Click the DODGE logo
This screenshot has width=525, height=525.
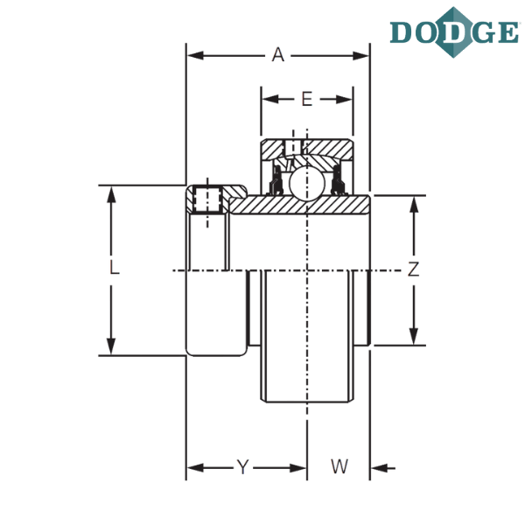[x=454, y=32]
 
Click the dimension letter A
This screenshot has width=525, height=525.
[x=278, y=55]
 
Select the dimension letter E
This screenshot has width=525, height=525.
[x=307, y=99]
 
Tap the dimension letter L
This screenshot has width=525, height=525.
[x=115, y=268]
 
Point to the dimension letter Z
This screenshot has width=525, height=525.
[x=413, y=269]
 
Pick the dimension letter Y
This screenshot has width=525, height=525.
[x=242, y=467]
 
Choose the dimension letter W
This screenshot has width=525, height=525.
[x=339, y=466]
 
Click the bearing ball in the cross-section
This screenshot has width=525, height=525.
[x=307, y=183]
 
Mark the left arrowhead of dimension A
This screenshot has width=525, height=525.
[x=195, y=56]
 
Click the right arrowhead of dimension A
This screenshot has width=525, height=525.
[x=360, y=56]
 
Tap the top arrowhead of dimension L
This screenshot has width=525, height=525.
[x=111, y=195]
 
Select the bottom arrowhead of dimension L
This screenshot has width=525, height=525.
[x=111, y=346]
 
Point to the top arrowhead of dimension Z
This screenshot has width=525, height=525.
[x=414, y=205]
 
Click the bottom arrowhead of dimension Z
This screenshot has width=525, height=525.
[x=414, y=336]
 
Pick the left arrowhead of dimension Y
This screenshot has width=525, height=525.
[x=195, y=468]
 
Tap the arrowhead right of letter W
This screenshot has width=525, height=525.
[x=379, y=468]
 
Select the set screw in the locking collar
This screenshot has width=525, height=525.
[x=207, y=199]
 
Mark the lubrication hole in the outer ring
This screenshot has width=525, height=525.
[x=294, y=147]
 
